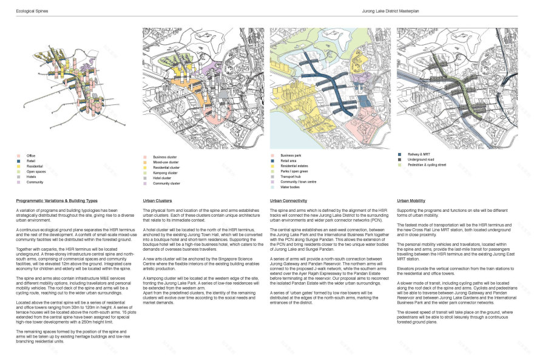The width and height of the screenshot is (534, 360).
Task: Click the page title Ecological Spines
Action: coord(32,11)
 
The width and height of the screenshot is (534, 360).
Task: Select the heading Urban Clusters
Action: coord(157,200)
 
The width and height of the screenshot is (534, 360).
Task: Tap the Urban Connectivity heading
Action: coord(289,200)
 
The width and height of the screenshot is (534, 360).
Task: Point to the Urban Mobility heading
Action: coord(411,200)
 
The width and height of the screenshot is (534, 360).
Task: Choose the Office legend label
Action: coord(31,155)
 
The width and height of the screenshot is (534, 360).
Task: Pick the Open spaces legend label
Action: coord(35,171)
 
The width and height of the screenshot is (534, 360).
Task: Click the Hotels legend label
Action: coord(32,177)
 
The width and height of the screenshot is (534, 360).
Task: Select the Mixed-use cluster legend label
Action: coord(166,161)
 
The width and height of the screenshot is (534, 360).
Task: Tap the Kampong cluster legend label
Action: coord(165,172)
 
